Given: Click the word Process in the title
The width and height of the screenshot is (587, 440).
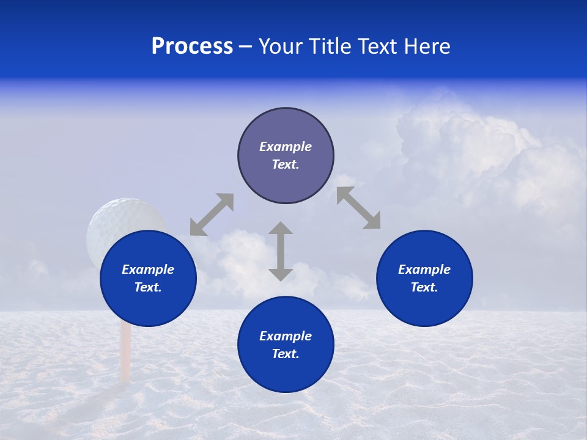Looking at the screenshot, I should pyautogui.click(x=192, y=46).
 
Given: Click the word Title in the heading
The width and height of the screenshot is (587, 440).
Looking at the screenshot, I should pyautogui.click(x=330, y=46).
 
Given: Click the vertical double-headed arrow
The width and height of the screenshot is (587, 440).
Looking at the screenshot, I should pyautogui.click(x=281, y=251).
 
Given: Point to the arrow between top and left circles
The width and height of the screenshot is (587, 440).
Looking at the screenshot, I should pyautogui.click(x=212, y=215).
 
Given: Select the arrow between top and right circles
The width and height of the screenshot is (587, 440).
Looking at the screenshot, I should pyautogui.click(x=358, y=208).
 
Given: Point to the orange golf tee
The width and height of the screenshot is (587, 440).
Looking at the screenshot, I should pyautogui.click(x=125, y=354).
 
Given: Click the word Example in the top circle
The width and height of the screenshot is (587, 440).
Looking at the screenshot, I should pyautogui.click(x=286, y=147).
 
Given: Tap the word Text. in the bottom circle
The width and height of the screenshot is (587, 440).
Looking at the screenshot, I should pyautogui.click(x=286, y=354).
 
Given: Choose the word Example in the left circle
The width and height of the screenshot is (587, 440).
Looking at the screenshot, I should pyautogui.click(x=148, y=269).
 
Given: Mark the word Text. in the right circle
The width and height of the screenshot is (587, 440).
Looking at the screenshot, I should pyautogui.click(x=424, y=287).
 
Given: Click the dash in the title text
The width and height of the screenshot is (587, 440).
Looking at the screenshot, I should pyautogui.click(x=245, y=46).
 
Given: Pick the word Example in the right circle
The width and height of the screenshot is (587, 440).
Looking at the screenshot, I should pyautogui.click(x=424, y=269).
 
